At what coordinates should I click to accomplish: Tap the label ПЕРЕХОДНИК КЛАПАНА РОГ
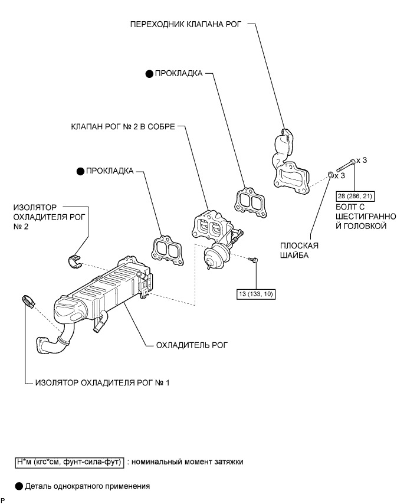coord(185,24)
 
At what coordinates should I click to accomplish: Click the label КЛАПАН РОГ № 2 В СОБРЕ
coord(123,127)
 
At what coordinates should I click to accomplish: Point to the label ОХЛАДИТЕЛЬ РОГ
coord(192,345)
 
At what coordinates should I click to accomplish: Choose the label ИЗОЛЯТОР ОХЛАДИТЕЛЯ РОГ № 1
coord(102,383)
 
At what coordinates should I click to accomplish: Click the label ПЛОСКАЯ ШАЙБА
coord(299,250)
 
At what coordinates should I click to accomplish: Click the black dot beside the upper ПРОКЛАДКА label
coord(149,74)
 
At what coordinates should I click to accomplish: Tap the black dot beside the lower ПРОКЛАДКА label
coord(80,171)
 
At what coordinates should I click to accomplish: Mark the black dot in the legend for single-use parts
coord(19,486)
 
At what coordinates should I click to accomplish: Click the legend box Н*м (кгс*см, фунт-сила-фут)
coord(70,462)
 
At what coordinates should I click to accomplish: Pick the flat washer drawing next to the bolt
coord(330,175)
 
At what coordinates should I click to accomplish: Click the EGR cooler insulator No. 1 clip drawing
coord(28,301)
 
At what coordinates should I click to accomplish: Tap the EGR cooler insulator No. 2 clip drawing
coord(75,260)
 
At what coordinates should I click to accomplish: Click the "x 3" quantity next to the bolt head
coord(362,160)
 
